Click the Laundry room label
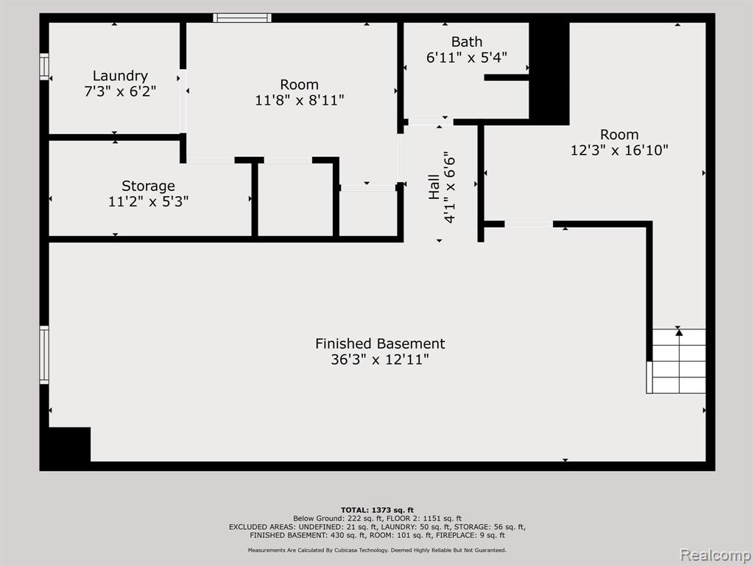(x=120, y=76)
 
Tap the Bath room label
(x=466, y=42)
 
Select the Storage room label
(x=148, y=186)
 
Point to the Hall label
(x=434, y=186)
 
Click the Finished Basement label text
(x=380, y=343)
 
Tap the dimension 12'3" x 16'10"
(x=619, y=150)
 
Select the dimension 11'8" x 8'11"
(x=300, y=100)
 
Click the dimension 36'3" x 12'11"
(x=380, y=360)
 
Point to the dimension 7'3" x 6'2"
(x=120, y=91)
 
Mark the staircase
(x=676, y=361)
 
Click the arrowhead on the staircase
(x=678, y=332)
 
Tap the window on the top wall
(x=242, y=18)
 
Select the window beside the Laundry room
(x=44, y=67)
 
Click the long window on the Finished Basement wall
(x=44, y=354)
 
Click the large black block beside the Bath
(x=549, y=73)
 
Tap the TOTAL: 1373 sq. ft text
(x=377, y=510)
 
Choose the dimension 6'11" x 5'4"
(x=466, y=57)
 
